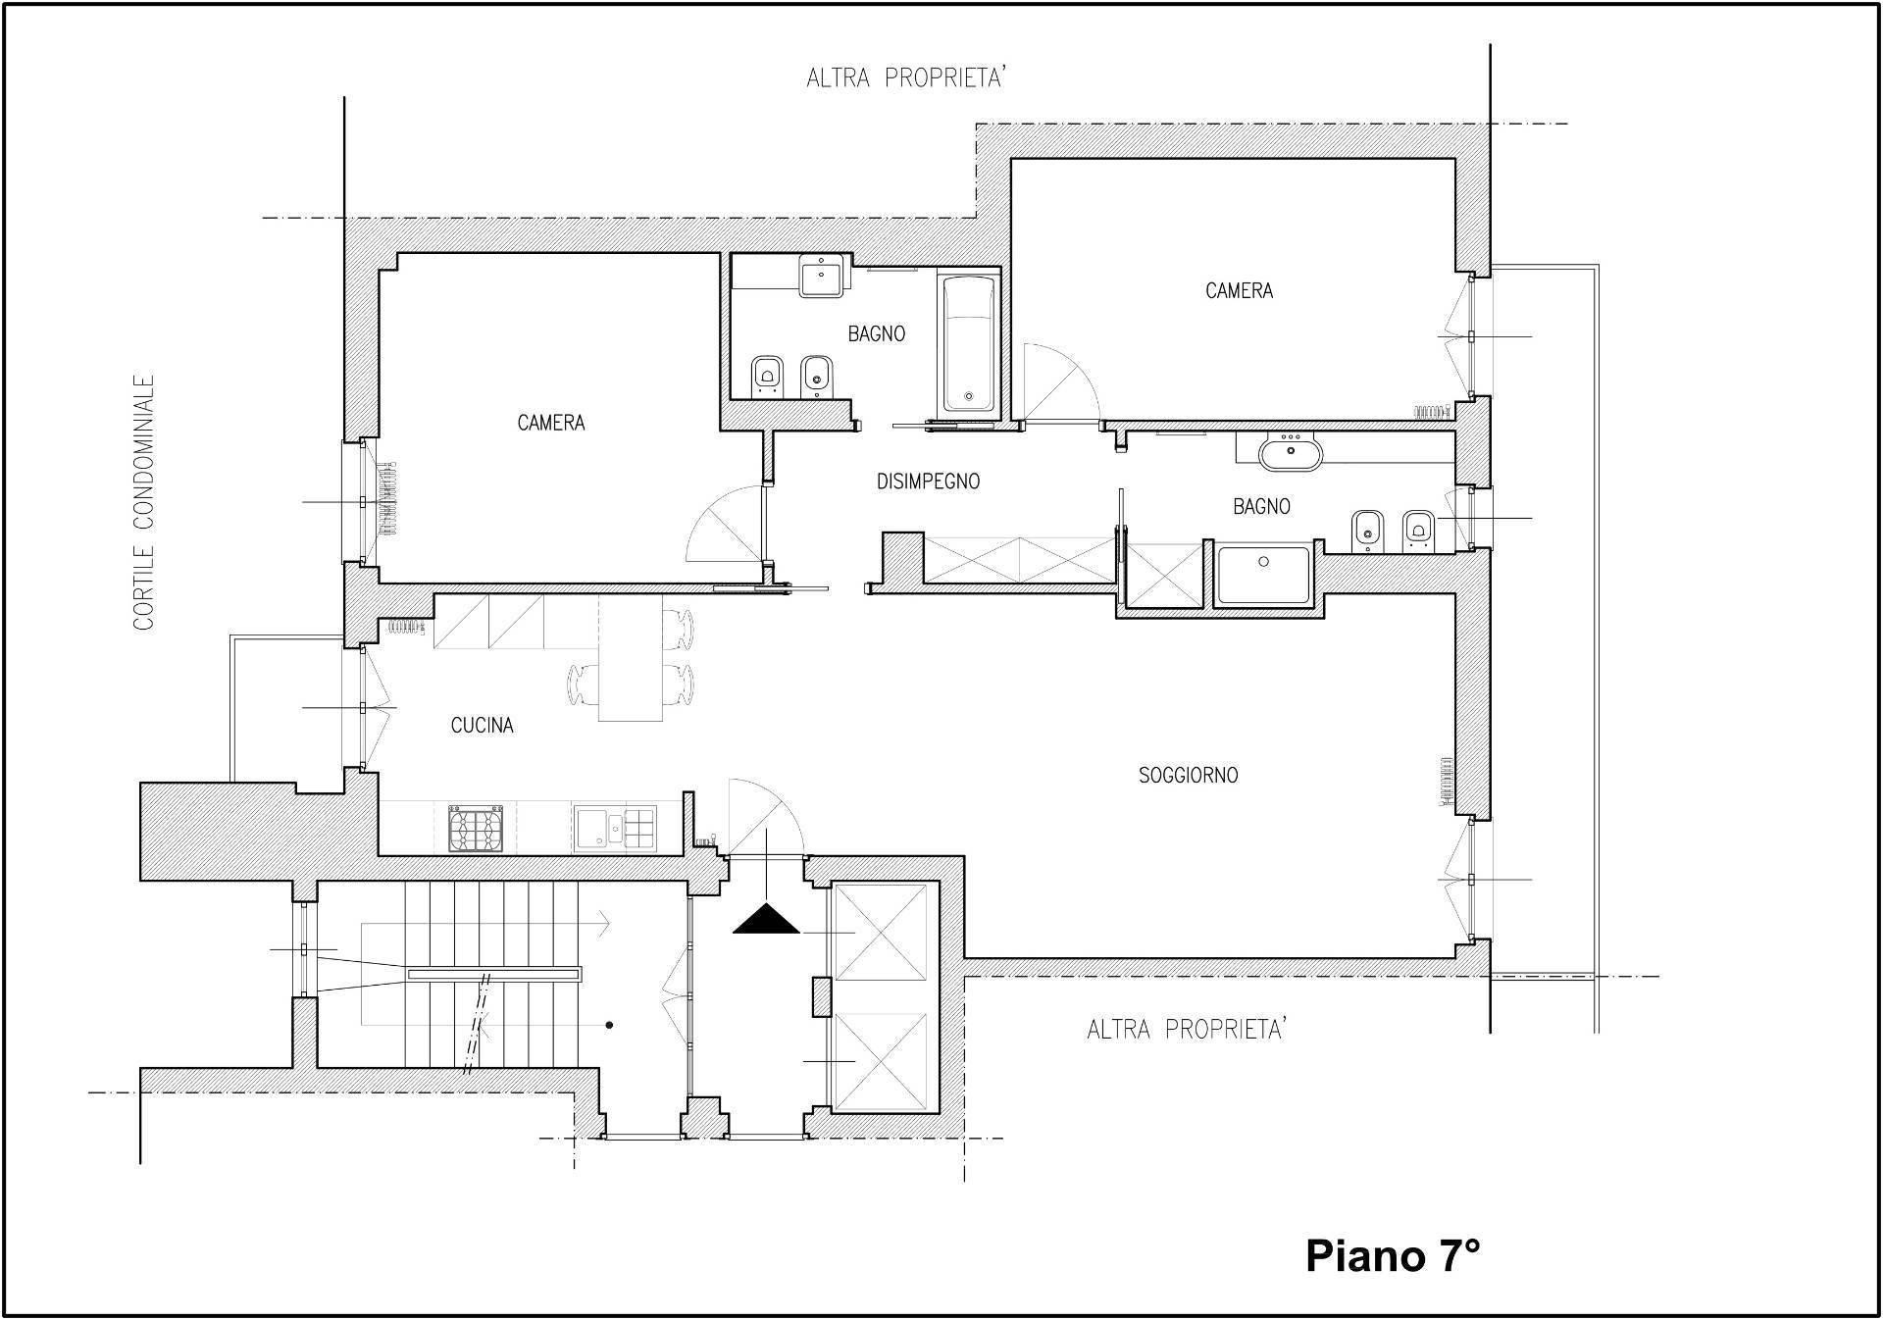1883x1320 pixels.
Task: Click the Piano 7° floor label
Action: pyautogui.click(x=1393, y=1255)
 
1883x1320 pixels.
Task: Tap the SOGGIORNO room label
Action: pyautogui.click(x=1188, y=776)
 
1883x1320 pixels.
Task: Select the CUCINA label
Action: pyautogui.click(x=482, y=726)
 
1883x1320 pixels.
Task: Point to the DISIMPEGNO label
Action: pyautogui.click(x=928, y=482)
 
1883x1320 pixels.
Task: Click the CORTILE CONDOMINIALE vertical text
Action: pyautogui.click(x=144, y=502)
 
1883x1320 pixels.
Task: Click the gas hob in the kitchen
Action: pyautogui.click(x=476, y=829)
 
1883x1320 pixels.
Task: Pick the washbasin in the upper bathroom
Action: pyautogui.click(x=821, y=276)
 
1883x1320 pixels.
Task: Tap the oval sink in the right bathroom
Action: pyautogui.click(x=1291, y=454)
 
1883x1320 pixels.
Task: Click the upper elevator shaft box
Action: pyautogui.click(x=880, y=932)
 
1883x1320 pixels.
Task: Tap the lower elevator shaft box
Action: pyautogui.click(x=880, y=1061)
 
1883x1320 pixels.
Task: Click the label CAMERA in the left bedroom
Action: pyautogui.click(x=551, y=423)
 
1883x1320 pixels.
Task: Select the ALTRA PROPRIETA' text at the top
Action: pyautogui.click(x=907, y=77)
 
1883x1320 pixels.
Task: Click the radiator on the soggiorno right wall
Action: pyautogui.click(x=1447, y=781)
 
